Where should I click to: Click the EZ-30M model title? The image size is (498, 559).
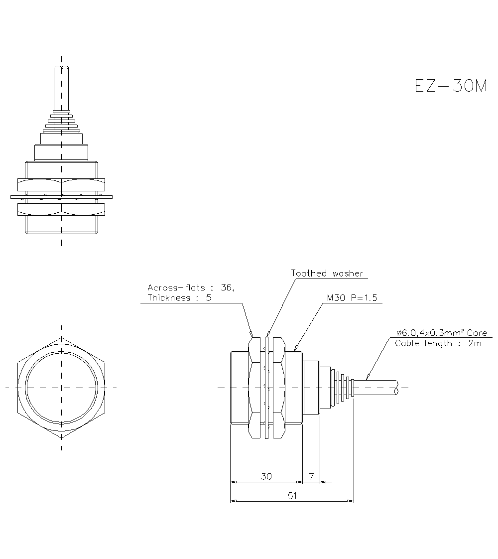(451, 86)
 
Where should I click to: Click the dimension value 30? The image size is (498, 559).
(266, 476)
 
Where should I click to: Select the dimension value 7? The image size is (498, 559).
(311, 476)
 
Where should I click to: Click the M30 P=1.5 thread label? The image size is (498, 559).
(352, 298)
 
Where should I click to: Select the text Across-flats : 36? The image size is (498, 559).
(191, 287)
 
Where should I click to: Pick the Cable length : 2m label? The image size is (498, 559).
(438, 343)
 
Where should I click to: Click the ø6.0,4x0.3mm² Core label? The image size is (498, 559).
(441, 333)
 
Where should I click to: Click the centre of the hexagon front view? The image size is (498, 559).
(61, 388)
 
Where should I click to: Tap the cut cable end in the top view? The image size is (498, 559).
(61, 68)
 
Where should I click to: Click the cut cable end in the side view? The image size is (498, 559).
(397, 388)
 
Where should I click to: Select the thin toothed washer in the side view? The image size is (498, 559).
(267, 388)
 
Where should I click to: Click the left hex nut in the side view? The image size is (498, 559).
(254, 388)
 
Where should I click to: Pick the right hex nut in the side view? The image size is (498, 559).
(279, 388)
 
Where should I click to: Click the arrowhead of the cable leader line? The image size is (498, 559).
(368, 378)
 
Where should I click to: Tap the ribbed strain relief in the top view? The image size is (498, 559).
(61, 122)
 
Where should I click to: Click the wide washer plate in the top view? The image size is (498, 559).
(61, 197)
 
